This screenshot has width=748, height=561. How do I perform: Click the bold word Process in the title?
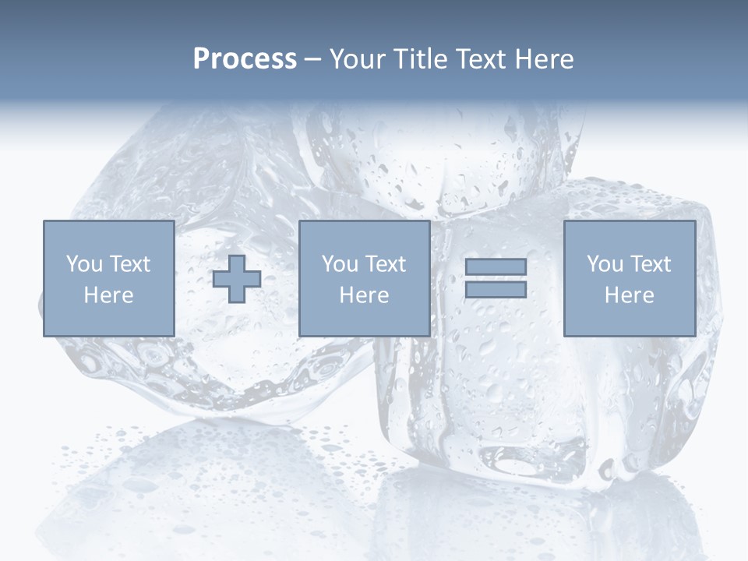coord(245,59)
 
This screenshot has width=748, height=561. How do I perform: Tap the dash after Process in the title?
coord(313,59)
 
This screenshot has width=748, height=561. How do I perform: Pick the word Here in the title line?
coord(545,59)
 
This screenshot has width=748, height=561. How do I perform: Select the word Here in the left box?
coord(108,295)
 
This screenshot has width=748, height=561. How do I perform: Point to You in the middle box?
coord(340,264)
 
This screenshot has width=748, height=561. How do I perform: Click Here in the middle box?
coord(364,295)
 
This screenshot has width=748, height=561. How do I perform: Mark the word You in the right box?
coord(605,264)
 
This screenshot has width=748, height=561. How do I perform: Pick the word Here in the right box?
coord(629,295)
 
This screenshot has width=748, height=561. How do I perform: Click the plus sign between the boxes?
coord(237,279)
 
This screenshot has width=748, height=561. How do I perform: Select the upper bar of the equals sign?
coord(496,266)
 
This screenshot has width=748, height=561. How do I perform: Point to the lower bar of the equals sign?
coord(496,290)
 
